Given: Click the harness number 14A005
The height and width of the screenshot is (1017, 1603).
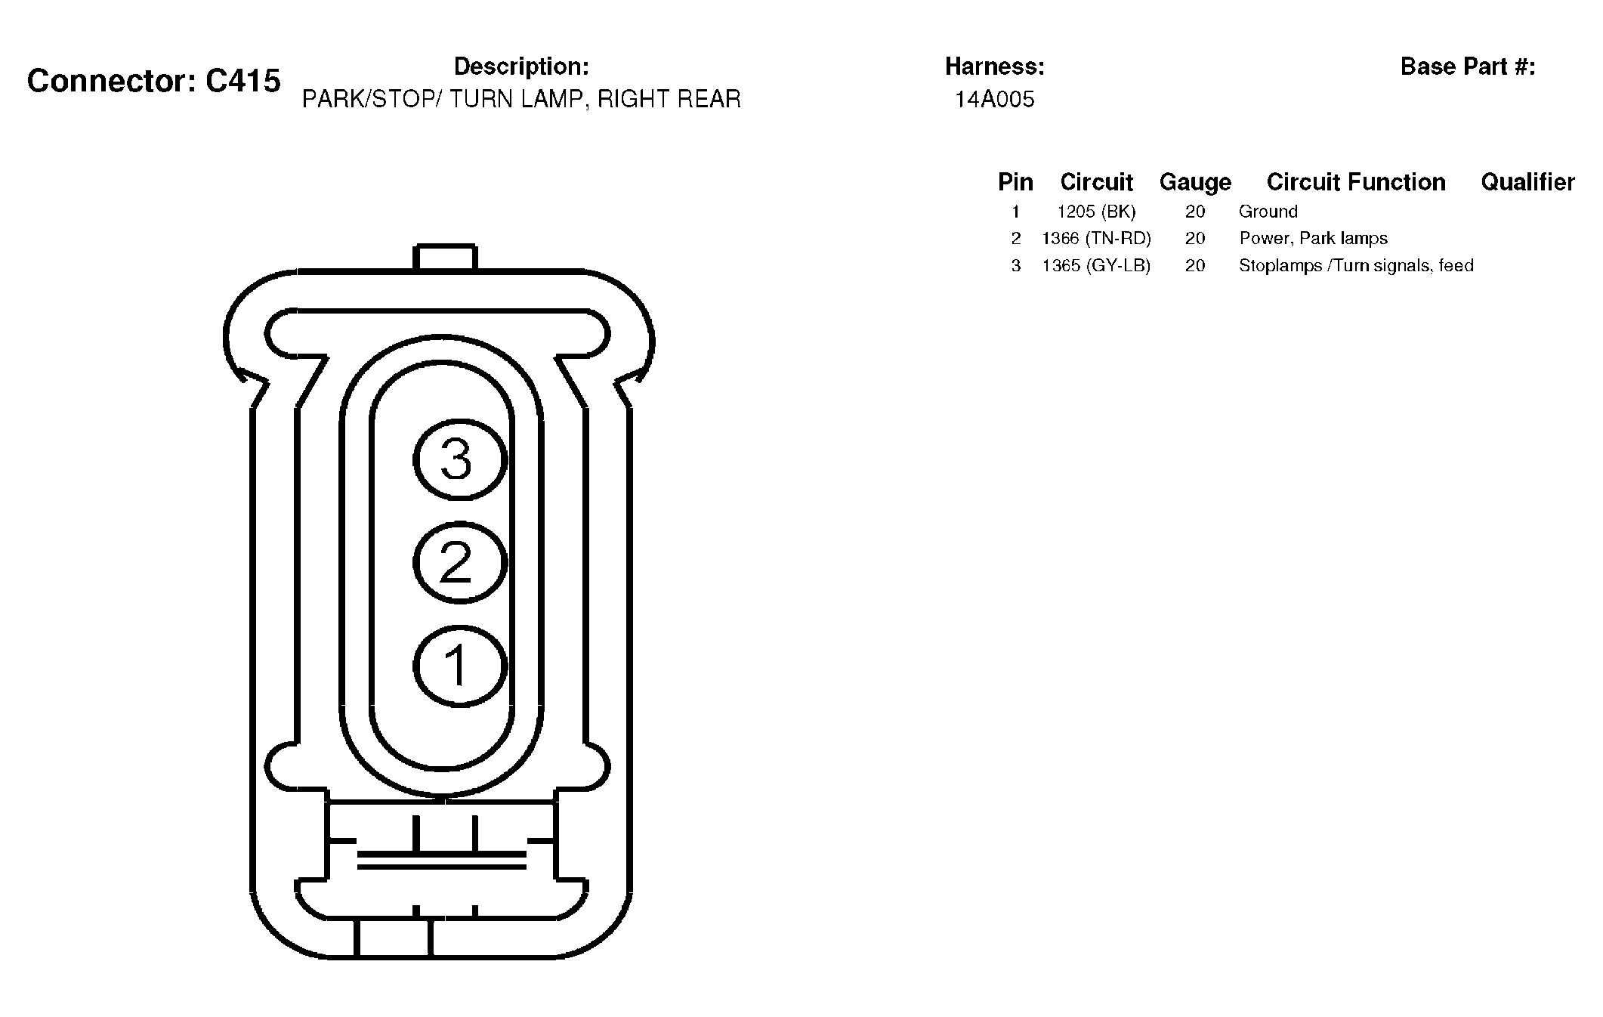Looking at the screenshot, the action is (995, 100).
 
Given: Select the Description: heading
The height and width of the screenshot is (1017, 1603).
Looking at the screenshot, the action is (521, 66).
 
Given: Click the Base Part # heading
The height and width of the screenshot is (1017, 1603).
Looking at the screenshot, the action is (1468, 66).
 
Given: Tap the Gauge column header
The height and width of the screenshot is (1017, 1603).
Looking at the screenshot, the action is (1195, 182).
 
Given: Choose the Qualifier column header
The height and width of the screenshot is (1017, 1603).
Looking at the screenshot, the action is (1527, 182).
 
